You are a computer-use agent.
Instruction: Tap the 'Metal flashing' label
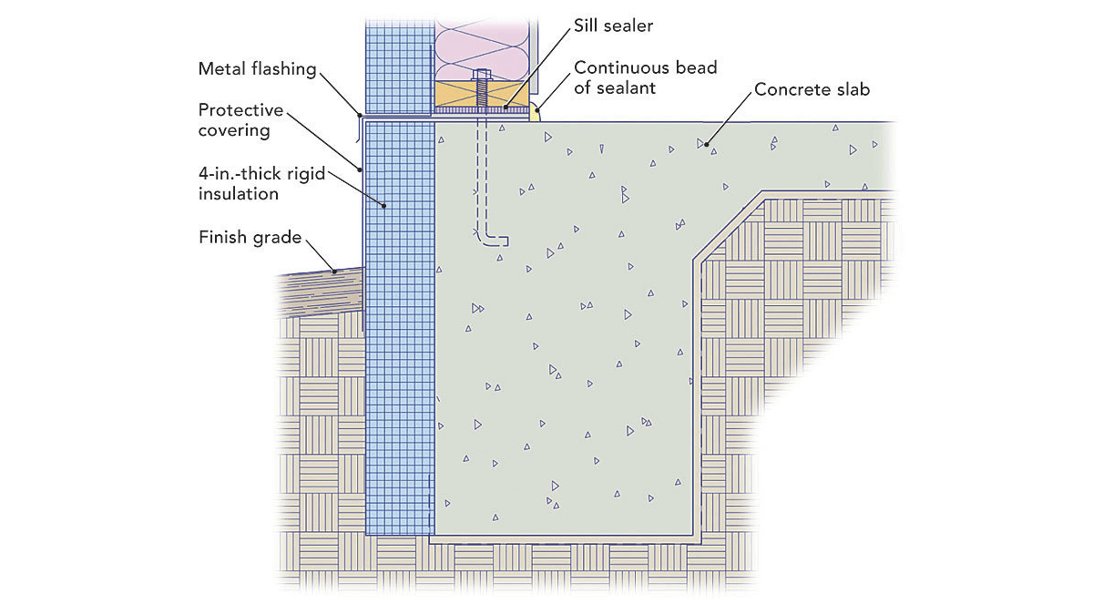(258, 68)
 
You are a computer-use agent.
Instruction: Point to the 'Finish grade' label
(250, 238)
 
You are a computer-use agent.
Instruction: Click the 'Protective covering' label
(240, 119)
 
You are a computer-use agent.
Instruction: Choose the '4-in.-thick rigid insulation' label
(262, 182)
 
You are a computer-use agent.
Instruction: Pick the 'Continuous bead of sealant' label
(645, 78)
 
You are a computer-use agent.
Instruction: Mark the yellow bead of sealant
(536, 115)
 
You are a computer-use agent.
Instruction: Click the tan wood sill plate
(455, 93)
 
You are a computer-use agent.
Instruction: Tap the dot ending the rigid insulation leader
(385, 207)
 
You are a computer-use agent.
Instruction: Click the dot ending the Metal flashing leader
(361, 116)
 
